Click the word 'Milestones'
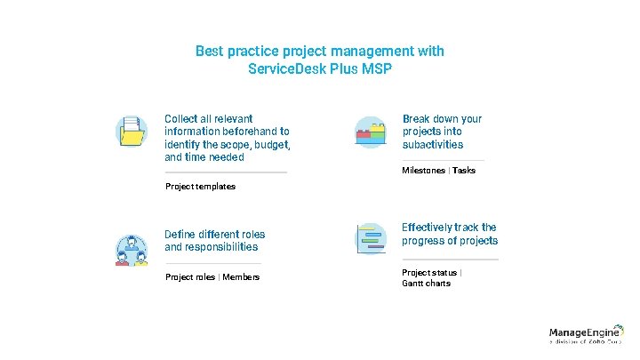point(423,171)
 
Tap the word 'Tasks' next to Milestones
point(464,171)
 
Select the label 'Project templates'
point(200,187)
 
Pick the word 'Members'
point(241,277)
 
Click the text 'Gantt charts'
point(426,284)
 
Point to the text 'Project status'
point(429,272)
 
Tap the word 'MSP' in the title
point(374,68)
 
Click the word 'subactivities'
point(433,144)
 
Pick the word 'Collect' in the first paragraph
point(182,118)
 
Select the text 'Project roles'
point(190,277)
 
